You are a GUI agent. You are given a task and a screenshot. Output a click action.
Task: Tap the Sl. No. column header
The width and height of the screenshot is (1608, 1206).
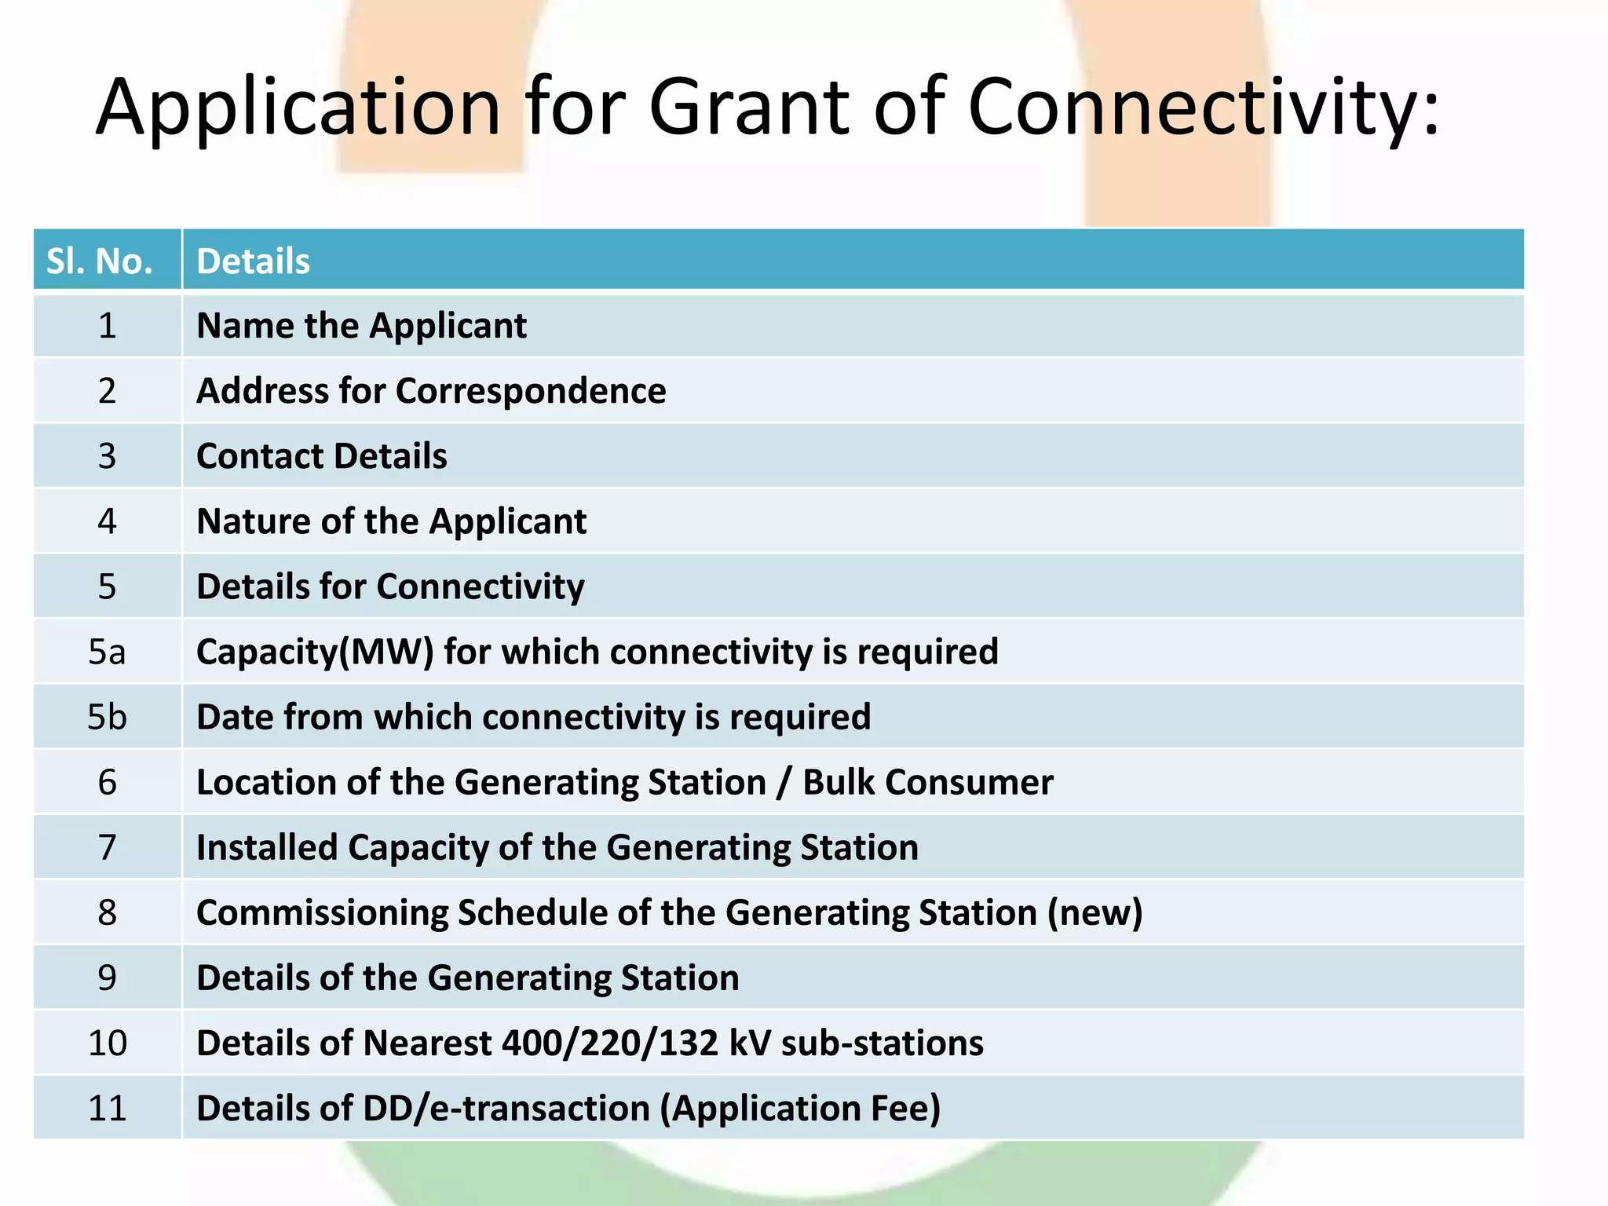(100, 261)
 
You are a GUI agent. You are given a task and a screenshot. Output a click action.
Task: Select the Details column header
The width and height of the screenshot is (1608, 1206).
(253, 261)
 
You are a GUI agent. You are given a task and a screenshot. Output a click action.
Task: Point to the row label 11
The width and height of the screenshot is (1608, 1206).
(107, 1109)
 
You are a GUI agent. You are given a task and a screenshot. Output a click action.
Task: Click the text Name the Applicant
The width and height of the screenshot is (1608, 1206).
(361, 326)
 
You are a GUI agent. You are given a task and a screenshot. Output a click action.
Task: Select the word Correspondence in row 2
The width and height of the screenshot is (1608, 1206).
(531, 391)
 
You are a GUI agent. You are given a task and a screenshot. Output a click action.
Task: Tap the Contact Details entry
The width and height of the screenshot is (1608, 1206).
(321, 456)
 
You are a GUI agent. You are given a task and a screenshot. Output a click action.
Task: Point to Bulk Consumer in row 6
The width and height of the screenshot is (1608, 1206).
(927, 783)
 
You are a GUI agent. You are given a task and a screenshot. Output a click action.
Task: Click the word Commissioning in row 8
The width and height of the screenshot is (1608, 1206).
(322, 913)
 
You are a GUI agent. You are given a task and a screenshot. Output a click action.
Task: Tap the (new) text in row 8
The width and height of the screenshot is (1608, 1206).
(1095, 913)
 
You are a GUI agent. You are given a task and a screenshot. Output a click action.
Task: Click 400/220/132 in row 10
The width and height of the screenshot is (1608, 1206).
(610, 1043)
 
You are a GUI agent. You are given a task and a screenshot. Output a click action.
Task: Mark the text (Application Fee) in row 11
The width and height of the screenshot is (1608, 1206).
(800, 1109)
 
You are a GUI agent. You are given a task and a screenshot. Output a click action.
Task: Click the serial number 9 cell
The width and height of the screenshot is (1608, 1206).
(107, 978)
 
